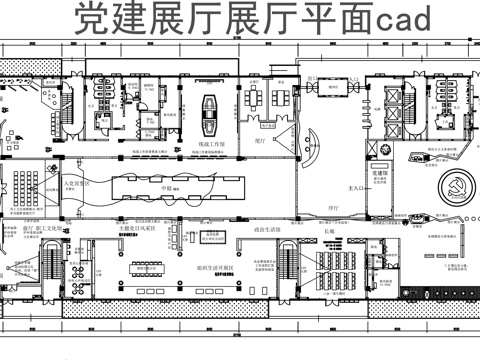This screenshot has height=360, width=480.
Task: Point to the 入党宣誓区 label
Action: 77,184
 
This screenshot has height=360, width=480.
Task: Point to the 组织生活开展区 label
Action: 214,268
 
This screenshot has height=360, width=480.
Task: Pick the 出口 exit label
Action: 312,78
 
